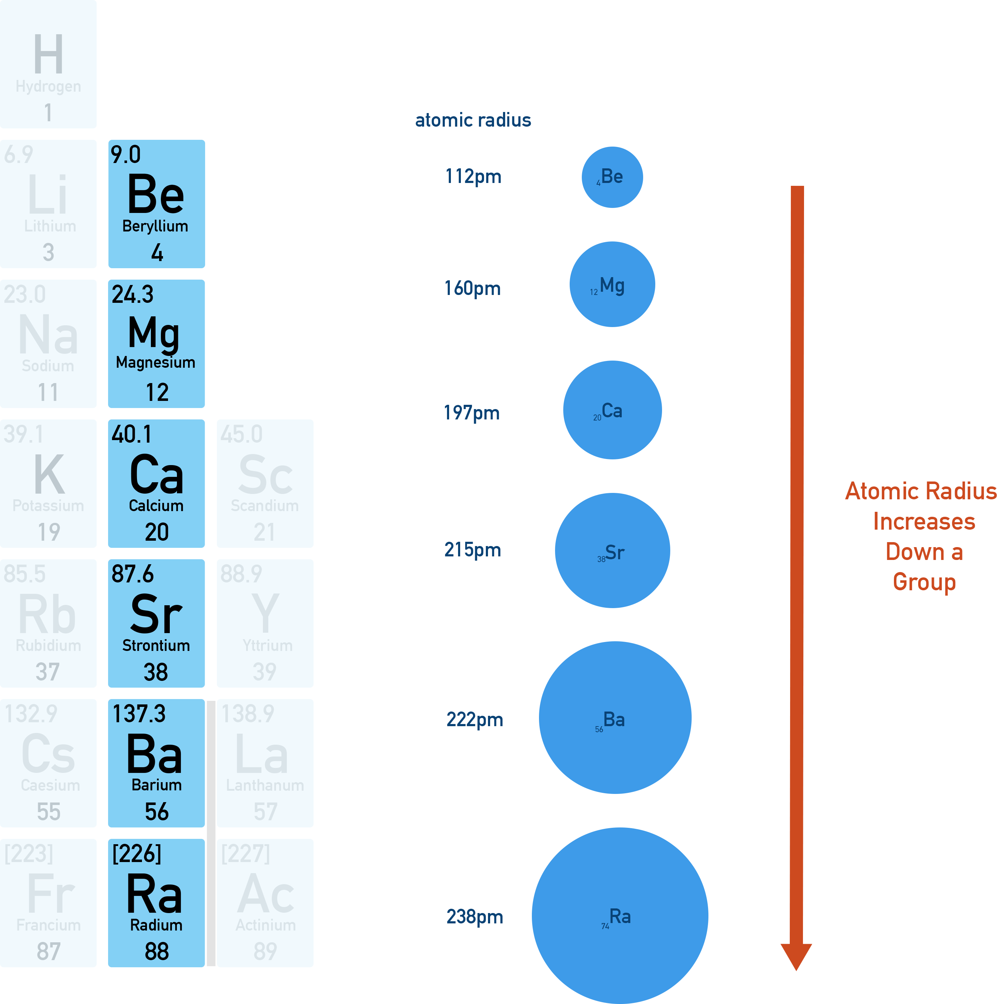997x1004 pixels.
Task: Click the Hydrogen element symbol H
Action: tap(49, 54)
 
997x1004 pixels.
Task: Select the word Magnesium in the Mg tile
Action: tap(156, 362)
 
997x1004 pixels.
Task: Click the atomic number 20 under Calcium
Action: tap(157, 532)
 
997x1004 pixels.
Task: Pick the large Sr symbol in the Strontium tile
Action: tap(156, 614)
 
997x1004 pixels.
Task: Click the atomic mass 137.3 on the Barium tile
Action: tap(139, 714)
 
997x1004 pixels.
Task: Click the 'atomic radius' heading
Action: tap(473, 121)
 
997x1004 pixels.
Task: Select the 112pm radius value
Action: tap(473, 177)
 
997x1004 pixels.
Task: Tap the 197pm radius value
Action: tap(472, 413)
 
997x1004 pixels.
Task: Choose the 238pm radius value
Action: tap(474, 917)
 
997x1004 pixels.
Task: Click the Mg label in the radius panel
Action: tap(611, 286)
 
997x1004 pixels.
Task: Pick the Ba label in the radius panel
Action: tap(614, 720)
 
